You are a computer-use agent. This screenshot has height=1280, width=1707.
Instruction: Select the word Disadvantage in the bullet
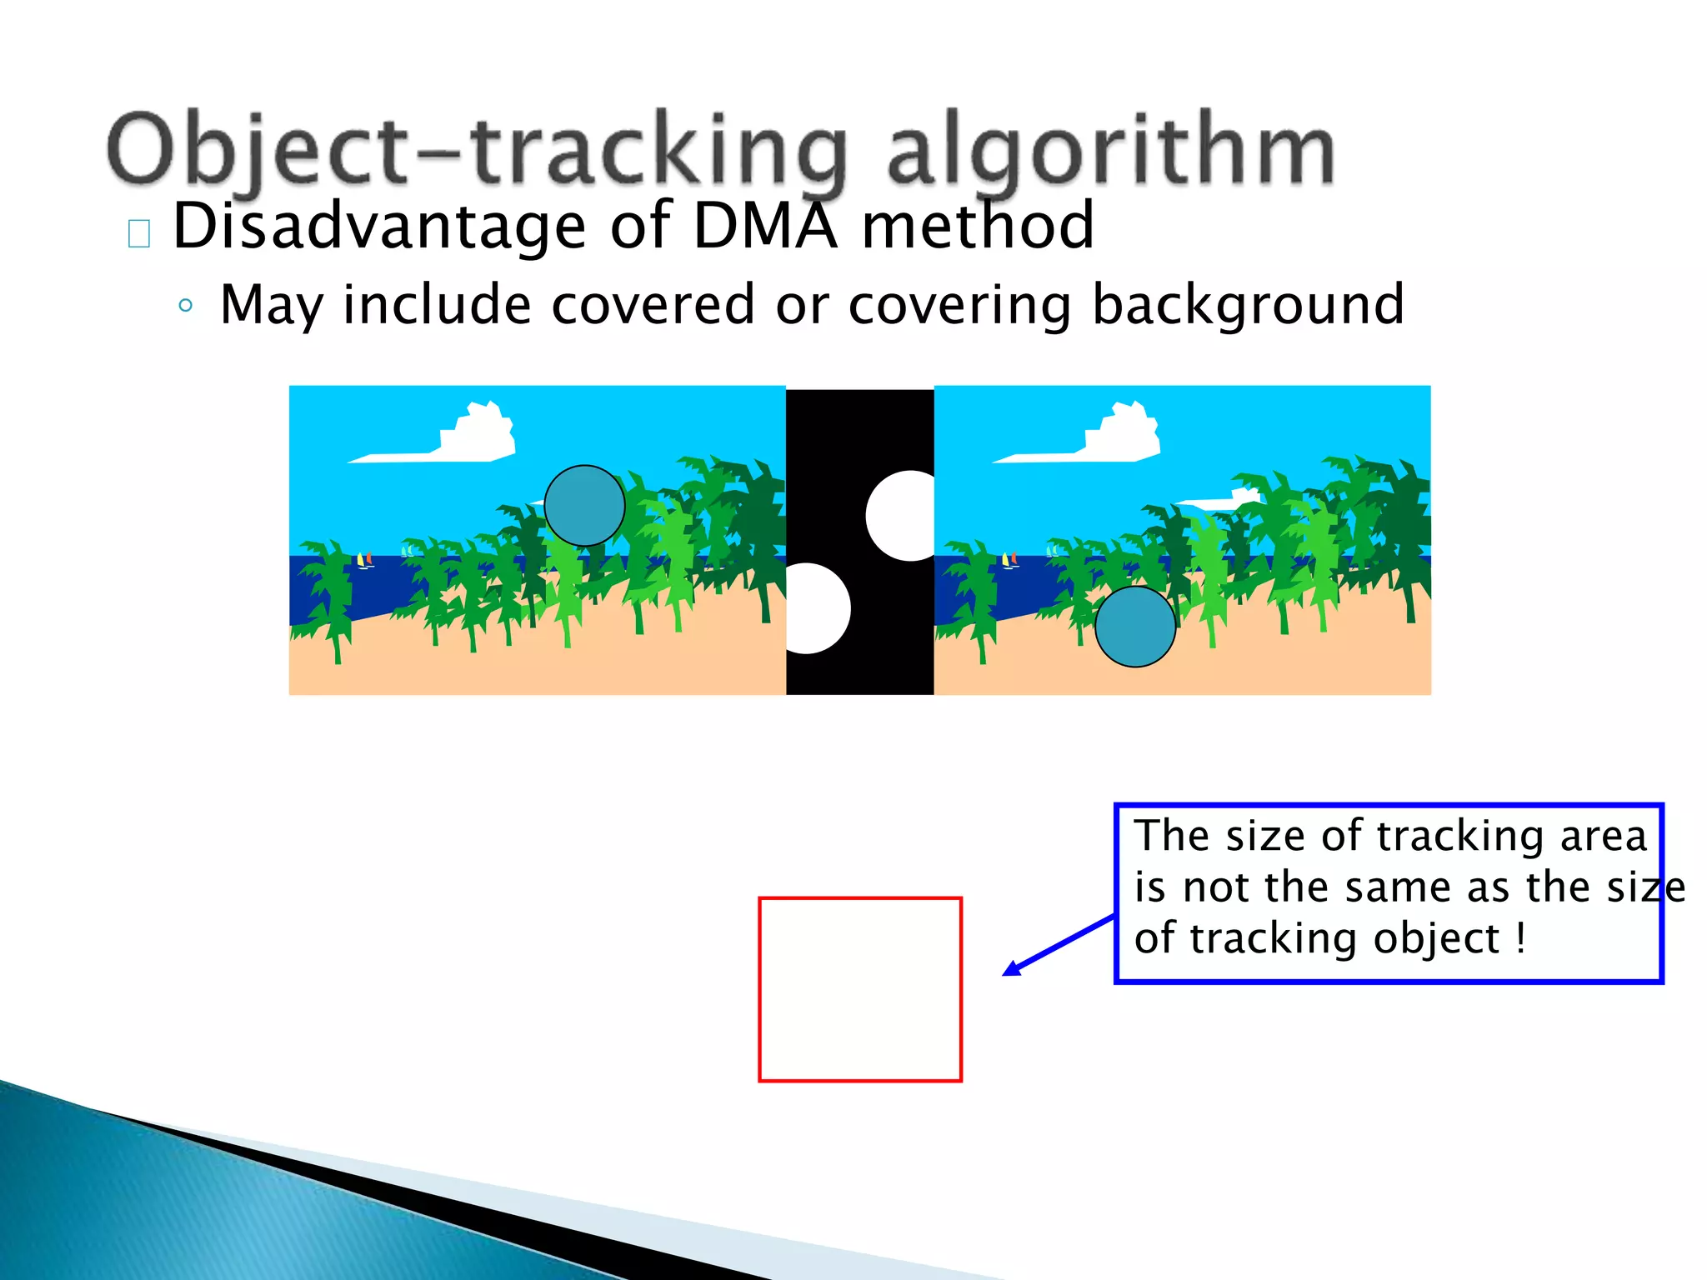[x=379, y=226]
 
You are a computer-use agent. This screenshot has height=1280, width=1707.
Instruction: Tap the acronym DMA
[x=764, y=226]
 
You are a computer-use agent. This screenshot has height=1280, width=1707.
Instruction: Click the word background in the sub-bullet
[x=1248, y=305]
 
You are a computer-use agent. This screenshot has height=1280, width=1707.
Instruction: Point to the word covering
[x=959, y=305]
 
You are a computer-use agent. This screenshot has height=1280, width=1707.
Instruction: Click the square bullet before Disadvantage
[x=139, y=234]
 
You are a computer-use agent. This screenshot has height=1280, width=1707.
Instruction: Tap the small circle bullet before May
[x=185, y=306]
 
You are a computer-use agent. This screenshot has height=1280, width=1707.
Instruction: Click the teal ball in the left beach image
[x=584, y=506]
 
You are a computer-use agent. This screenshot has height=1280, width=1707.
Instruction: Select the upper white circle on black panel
[x=903, y=516]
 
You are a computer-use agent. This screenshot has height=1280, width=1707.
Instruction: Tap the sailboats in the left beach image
[x=364, y=560]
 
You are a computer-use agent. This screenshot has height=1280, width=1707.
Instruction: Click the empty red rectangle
[x=860, y=989]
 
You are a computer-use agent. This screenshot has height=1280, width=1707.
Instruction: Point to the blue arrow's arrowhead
[x=1011, y=968]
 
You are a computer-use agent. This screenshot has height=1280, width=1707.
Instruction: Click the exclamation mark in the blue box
[x=1520, y=938]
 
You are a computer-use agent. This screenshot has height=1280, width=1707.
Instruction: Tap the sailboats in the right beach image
[x=1009, y=560]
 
